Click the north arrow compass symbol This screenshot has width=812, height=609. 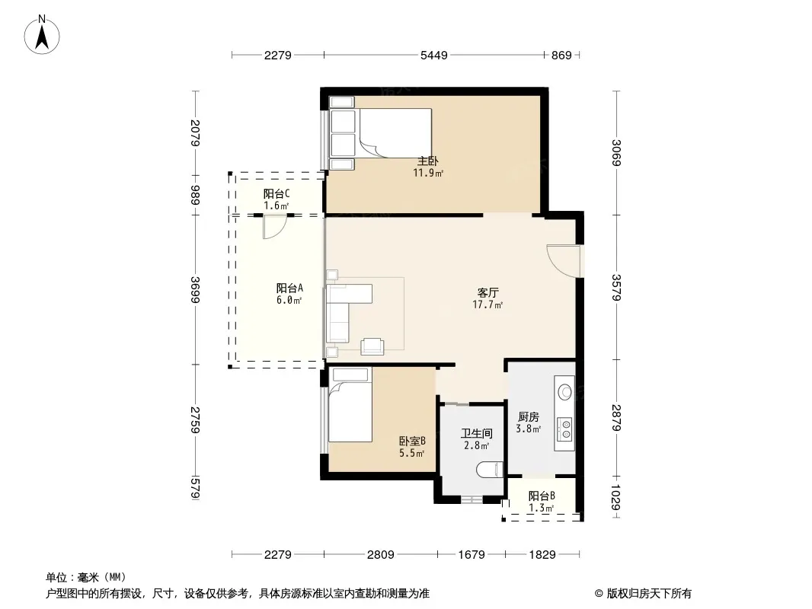(x=42, y=34)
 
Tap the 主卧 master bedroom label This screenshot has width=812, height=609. (x=428, y=161)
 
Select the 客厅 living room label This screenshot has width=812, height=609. (x=488, y=293)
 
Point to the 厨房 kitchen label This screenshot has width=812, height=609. (x=529, y=417)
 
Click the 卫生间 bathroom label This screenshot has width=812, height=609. (x=476, y=434)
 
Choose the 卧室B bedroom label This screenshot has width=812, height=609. (x=412, y=442)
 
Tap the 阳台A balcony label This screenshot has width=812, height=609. (x=289, y=289)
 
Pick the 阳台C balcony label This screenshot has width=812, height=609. (x=277, y=194)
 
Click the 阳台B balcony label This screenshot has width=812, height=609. (x=542, y=496)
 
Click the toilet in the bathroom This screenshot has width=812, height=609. (x=489, y=469)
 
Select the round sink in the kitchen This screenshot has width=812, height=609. (x=565, y=392)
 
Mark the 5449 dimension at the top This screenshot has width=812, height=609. (x=434, y=55)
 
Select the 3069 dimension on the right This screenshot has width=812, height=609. (x=616, y=153)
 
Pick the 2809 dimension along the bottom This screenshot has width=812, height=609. (x=381, y=555)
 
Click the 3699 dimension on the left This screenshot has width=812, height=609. (x=195, y=290)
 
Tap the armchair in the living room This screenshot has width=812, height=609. (x=372, y=346)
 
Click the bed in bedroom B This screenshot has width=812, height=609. (x=350, y=406)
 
